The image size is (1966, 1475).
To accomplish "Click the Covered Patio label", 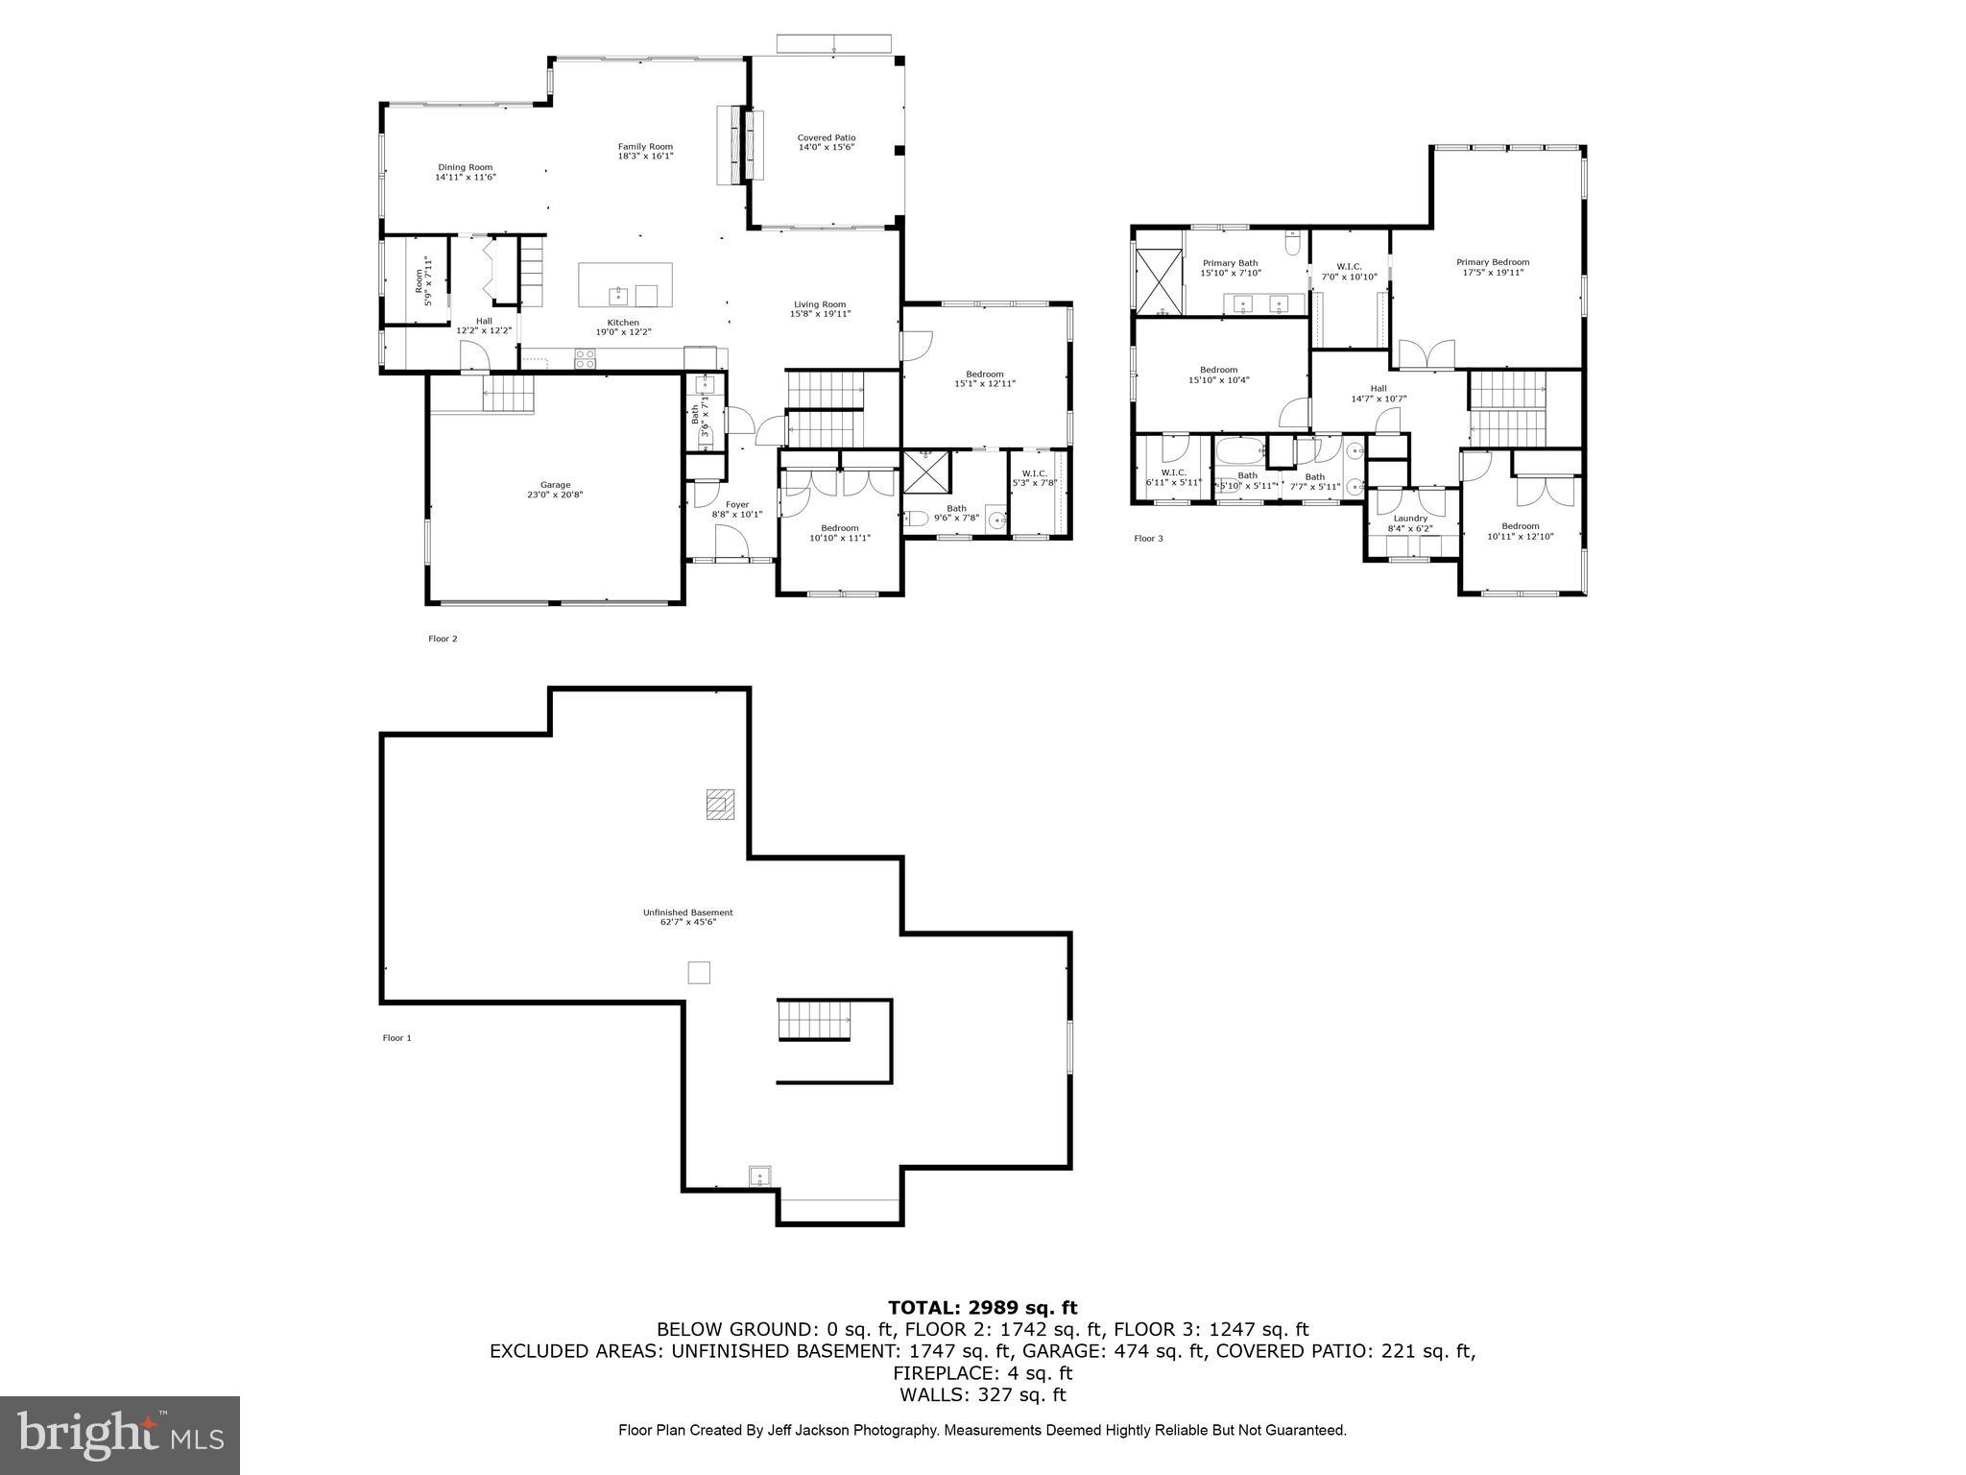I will click(x=826, y=138).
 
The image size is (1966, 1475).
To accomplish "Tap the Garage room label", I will click(x=555, y=485).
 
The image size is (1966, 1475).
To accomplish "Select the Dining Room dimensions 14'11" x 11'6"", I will click(x=465, y=178).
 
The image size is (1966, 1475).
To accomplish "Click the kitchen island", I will click(x=625, y=284).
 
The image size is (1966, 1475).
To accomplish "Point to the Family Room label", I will click(x=645, y=147).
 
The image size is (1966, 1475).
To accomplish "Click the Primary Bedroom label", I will click(x=1492, y=262).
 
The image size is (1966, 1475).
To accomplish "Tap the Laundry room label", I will click(x=1410, y=519).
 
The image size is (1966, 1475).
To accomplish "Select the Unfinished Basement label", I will click(x=687, y=912).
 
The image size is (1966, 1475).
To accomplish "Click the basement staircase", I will click(x=814, y=1020).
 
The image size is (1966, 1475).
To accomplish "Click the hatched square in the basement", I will click(x=720, y=804).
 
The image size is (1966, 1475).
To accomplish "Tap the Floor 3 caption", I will click(x=1148, y=539).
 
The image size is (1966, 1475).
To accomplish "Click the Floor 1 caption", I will click(x=396, y=1038).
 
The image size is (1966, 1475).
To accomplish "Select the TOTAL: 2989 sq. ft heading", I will click(x=982, y=1308).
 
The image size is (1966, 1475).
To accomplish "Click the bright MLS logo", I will click(x=120, y=1436).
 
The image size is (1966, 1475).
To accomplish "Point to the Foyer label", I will click(x=736, y=504).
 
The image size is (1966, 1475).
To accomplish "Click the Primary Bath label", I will click(x=1230, y=263).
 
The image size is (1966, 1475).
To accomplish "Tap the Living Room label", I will click(x=819, y=304).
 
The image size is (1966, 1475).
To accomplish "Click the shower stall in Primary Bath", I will click(x=1159, y=280).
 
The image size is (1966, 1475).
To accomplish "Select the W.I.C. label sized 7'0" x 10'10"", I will click(x=1349, y=266).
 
